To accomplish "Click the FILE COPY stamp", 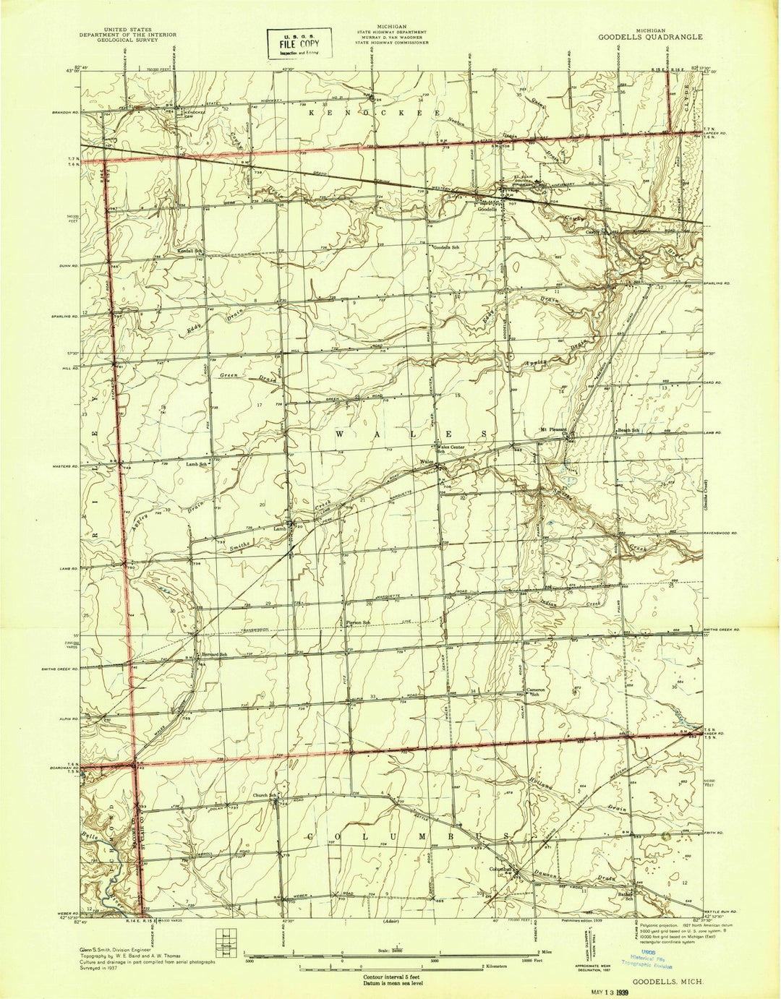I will coord(299,44).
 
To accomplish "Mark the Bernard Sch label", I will coord(214,655).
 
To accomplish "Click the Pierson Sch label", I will coord(356,622).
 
